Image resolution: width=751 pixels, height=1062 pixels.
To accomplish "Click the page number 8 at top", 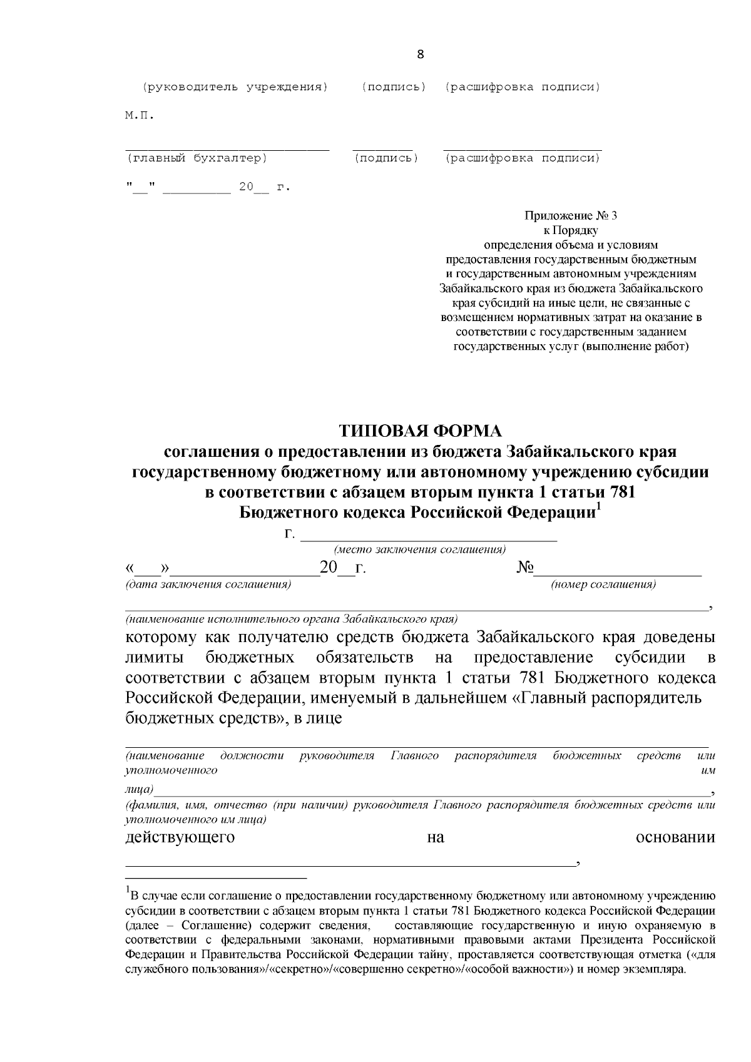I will pyautogui.click(x=420, y=54).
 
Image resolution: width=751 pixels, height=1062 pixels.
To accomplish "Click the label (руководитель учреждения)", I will pyautogui.click(x=235, y=87).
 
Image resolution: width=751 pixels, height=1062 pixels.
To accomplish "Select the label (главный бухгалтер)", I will pyautogui.click(x=197, y=159).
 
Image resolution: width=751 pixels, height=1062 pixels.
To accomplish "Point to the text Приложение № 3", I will pyautogui.click(x=570, y=216).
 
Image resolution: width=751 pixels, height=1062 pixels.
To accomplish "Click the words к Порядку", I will pyautogui.click(x=570, y=230).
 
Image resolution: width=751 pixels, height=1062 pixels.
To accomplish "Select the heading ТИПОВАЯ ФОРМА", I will pyautogui.click(x=420, y=431).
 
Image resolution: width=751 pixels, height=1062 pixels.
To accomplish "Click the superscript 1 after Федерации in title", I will pyautogui.click(x=598, y=508).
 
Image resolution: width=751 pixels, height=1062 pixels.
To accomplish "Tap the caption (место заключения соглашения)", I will pyautogui.click(x=420, y=549).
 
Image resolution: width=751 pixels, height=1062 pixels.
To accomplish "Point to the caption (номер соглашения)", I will pyautogui.click(x=603, y=585).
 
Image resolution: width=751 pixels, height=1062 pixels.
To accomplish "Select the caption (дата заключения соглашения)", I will pyautogui.click(x=208, y=585).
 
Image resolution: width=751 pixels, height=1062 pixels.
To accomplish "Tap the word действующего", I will pyautogui.click(x=180, y=837).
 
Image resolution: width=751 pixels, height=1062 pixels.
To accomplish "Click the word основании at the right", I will pyautogui.click(x=675, y=837).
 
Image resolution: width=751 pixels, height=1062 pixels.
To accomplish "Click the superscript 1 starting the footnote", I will pyautogui.click(x=128, y=890).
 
